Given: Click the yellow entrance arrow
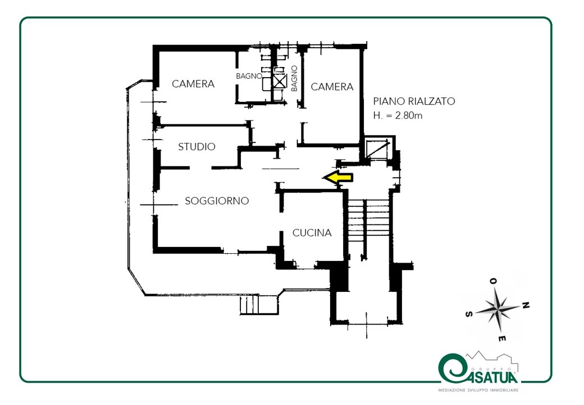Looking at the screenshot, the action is [x=338, y=178].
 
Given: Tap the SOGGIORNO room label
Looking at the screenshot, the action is [x=217, y=201].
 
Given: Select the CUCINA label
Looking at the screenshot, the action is [x=312, y=233].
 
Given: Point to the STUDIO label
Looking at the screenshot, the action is [x=197, y=147].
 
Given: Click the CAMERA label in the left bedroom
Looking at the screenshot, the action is [x=193, y=84].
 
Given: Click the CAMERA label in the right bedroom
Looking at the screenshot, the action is [x=332, y=87].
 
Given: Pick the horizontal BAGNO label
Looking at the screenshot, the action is [x=249, y=76].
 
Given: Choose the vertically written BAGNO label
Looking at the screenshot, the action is [x=294, y=78].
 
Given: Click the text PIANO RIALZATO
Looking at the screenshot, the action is [x=414, y=101].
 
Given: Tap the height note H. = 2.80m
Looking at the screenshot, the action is [x=398, y=116].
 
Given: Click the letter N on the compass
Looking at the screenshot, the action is [x=526, y=306].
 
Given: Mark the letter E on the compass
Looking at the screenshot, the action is [x=502, y=339].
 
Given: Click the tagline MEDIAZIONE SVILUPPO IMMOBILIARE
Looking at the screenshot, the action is [x=478, y=390].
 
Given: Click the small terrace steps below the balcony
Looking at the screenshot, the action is [x=259, y=305].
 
